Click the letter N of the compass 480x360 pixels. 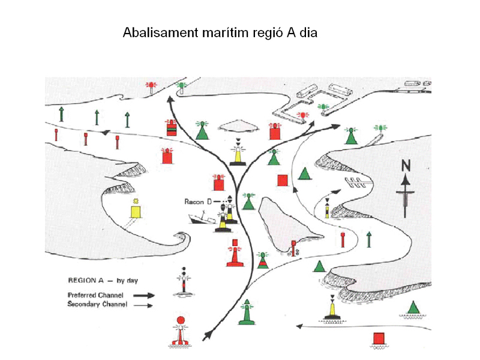click(x=406, y=166)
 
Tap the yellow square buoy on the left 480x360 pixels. click(x=136, y=211)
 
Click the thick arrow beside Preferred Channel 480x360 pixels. click(x=142, y=295)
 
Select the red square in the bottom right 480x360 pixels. click(x=378, y=338)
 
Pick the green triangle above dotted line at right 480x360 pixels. click(x=413, y=307)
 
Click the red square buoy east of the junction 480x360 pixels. click(x=282, y=180)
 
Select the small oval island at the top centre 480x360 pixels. click(x=238, y=124)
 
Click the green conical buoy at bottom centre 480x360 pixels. click(x=245, y=313)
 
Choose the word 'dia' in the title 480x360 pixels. click(x=308, y=32)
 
